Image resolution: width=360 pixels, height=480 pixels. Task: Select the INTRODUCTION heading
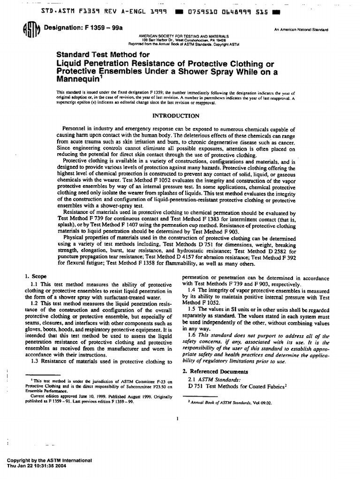[x=177, y=116]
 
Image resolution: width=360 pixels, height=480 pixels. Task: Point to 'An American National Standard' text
[x=301, y=30]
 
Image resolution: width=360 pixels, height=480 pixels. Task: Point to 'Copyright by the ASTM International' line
[x=46, y=460]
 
